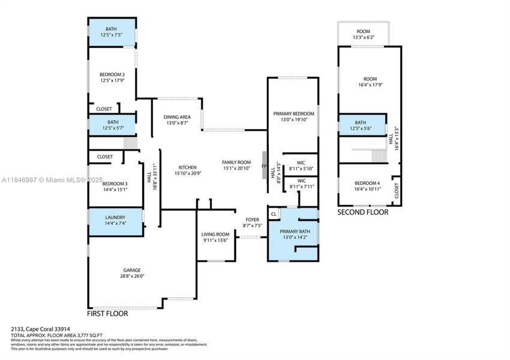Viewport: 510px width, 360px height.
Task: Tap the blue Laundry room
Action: pyautogui.click(x=115, y=221)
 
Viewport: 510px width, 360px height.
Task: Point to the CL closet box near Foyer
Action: pyautogui.click(x=274, y=214)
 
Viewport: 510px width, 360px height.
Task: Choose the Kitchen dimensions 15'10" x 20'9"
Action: pyautogui.click(x=187, y=173)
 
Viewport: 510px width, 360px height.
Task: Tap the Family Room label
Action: pyautogui.click(x=236, y=163)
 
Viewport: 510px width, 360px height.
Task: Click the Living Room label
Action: pyautogui.click(x=215, y=234)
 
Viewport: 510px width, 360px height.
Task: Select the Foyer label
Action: pyautogui.click(x=252, y=220)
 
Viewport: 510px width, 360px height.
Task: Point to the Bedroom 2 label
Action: pyautogui.click(x=112, y=74)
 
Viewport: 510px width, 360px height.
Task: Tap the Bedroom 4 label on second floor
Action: pyautogui.click(x=367, y=183)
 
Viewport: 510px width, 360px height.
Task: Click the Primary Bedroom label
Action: pyautogui.click(x=293, y=113)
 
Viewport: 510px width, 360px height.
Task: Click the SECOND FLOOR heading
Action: pyautogui.click(x=362, y=212)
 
